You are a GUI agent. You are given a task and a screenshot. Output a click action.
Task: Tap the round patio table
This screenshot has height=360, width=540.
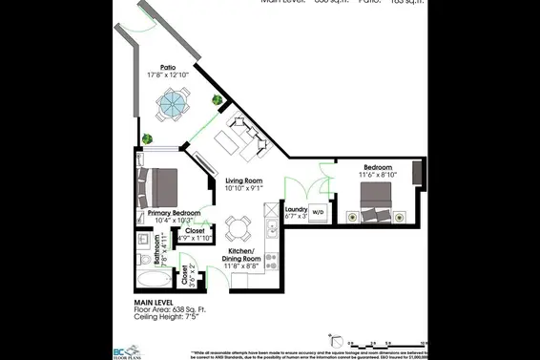(174, 101)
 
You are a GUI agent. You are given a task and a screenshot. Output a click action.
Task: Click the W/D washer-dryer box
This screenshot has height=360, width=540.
(318, 212)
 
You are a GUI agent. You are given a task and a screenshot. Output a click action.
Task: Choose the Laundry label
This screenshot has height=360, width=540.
(296, 209)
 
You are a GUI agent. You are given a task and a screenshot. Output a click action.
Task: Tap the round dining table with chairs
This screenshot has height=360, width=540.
(237, 227)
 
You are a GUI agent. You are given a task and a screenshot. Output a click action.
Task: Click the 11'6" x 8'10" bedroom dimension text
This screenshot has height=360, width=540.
(377, 175)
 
